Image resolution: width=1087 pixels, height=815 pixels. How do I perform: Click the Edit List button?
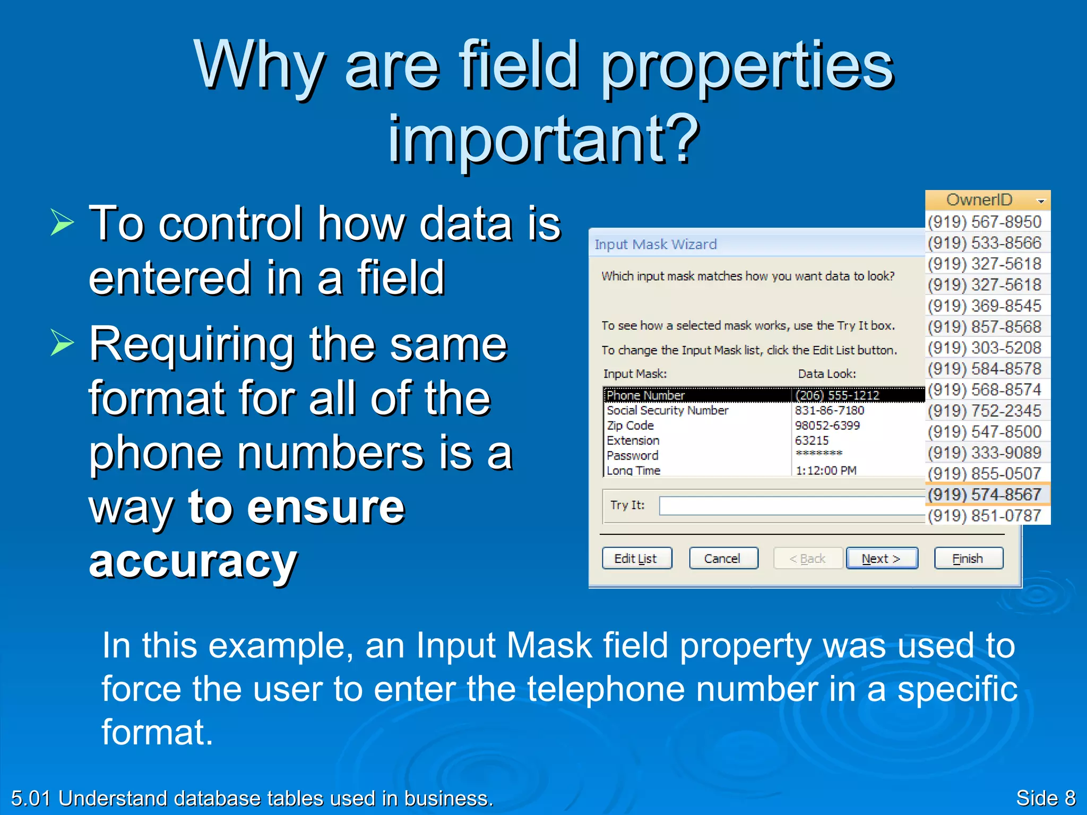pos(636,558)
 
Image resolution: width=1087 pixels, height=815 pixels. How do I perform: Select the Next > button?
pos(882,558)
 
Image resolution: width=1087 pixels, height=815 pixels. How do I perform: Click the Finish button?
pos(968,558)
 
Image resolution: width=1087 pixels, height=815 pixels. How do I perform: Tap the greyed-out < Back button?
pos(807,558)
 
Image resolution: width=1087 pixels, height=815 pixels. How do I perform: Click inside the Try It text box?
pos(791,505)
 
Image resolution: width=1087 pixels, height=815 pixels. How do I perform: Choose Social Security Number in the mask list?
pos(667,410)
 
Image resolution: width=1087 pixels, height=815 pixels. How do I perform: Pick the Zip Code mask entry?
pos(630,426)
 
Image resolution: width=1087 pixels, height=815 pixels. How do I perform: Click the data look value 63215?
pos(812,440)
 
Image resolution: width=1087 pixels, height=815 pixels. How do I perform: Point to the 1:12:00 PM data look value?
pos(826,470)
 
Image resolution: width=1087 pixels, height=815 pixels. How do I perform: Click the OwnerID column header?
pos(979,200)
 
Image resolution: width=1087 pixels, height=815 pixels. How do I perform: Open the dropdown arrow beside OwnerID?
pos(1040,201)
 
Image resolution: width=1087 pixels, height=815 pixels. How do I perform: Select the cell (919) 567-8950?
pos(985,222)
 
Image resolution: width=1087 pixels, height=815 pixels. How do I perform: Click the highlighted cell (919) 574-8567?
pos(985,495)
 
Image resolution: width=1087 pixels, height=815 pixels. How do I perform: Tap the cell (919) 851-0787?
pos(985,515)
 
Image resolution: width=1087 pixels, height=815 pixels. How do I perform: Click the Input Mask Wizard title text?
pos(655,244)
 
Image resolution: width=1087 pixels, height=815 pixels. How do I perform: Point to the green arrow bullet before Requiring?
pos(62,342)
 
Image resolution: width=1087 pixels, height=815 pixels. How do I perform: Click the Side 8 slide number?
pos(1045,798)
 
